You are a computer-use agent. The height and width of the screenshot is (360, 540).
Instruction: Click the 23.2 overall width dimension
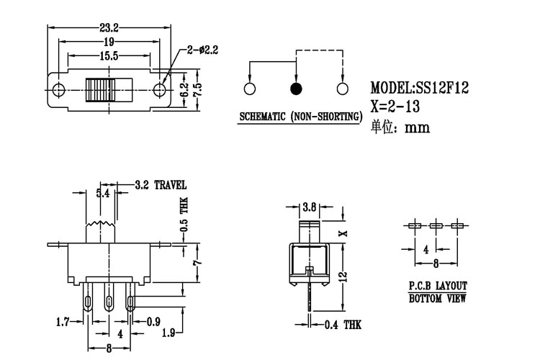tap(109, 28)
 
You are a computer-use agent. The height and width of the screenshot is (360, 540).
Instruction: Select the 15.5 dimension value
tap(109, 55)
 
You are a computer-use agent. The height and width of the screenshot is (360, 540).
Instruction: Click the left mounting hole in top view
tap(58, 90)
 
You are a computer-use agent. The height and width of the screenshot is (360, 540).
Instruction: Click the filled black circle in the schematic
tap(296, 89)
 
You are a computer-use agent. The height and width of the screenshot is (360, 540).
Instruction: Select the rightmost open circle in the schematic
tap(342, 89)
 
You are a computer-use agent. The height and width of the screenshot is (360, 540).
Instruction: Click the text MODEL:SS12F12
tap(420, 89)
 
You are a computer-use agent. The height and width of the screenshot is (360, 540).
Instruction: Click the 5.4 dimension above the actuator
tap(103, 193)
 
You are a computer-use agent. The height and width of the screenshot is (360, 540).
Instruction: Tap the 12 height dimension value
tap(343, 276)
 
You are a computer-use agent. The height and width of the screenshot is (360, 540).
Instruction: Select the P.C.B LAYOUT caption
tap(438, 285)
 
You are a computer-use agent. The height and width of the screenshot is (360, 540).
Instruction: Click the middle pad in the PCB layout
tap(436, 226)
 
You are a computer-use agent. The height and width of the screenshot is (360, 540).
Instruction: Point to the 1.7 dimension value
tap(64, 322)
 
